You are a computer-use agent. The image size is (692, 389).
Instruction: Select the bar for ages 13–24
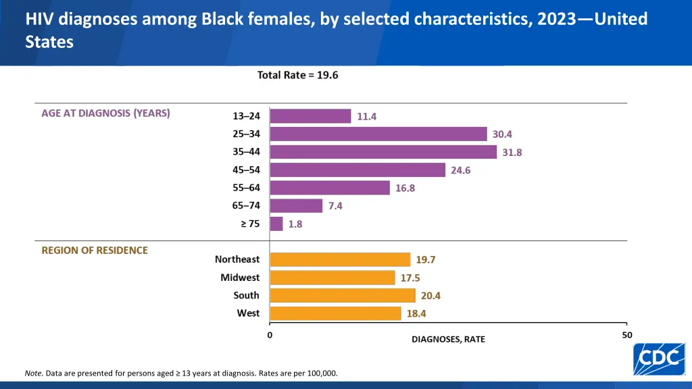[x=310, y=116]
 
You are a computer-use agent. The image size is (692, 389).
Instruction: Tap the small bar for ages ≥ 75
[x=276, y=224]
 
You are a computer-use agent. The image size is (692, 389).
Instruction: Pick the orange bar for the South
[x=343, y=295]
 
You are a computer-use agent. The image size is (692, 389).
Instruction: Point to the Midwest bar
[x=332, y=278]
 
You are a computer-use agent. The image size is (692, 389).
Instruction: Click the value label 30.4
[x=502, y=134]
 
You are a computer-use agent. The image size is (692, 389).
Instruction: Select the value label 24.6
[x=460, y=170]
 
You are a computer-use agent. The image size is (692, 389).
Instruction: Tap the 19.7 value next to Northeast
[x=426, y=259]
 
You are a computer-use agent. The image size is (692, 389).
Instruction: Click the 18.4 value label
[x=416, y=313]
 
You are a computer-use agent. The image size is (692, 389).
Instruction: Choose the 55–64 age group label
[x=246, y=188]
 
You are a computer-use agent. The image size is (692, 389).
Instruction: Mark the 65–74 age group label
[x=246, y=205]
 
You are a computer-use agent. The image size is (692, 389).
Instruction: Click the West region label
[x=248, y=313]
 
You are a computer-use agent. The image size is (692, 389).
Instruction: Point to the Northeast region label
[x=237, y=259]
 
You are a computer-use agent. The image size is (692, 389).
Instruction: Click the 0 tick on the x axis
[x=270, y=335]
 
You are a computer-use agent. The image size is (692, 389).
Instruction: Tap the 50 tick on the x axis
[x=627, y=335]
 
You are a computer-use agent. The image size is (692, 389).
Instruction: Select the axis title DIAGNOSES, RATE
[x=448, y=339]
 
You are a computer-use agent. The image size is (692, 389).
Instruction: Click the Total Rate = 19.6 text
[x=297, y=75]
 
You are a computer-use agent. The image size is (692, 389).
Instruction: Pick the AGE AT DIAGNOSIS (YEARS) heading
[x=105, y=113]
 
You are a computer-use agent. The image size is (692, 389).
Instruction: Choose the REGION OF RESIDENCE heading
[x=95, y=250]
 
